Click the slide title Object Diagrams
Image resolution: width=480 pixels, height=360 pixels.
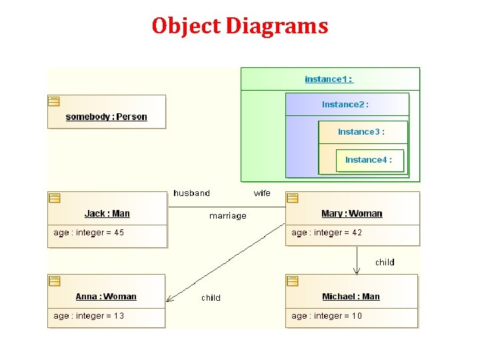[x=240, y=26]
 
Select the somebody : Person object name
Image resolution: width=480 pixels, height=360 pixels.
[x=106, y=117]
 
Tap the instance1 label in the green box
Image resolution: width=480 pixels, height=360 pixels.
[x=329, y=79]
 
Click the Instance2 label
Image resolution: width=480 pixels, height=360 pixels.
[x=345, y=105]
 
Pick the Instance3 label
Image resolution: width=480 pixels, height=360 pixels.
[x=361, y=132]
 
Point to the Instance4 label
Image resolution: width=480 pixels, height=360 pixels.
[x=368, y=160]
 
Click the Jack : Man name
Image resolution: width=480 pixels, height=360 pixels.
[x=107, y=214]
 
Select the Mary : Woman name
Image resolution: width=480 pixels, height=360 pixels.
[x=351, y=214]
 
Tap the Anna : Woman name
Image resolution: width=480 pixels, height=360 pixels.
[x=106, y=297]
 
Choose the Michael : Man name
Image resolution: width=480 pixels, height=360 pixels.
[x=351, y=297]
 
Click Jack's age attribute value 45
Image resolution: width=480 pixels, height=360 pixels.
[x=119, y=233]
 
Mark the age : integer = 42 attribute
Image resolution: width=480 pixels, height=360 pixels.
[x=327, y=233]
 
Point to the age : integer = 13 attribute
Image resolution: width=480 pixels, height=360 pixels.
[x=89, y=316]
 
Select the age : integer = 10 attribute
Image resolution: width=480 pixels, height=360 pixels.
[x=327, y=316]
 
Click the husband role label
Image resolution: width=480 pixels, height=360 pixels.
[x=191, y=193]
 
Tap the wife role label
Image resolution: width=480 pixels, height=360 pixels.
[x=262, y=193]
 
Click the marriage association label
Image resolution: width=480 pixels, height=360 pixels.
[x=227, y=216]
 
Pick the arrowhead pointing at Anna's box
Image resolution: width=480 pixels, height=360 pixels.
[x=169, y=299]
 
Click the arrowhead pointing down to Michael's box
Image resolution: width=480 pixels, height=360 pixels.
[x=357, y=271]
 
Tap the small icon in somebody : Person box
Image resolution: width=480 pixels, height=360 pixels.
[x=54, y=101]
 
